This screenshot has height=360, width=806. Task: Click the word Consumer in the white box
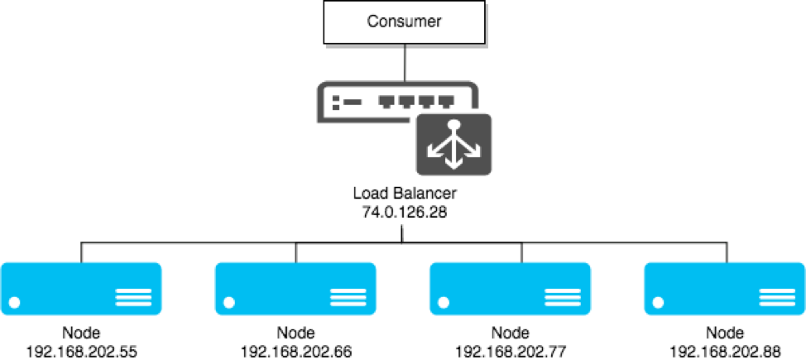pyautogui.click(x=404, y=22)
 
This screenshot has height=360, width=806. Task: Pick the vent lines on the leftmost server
pyautogui.click(x=134, y=297)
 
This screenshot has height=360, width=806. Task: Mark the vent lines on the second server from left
pyautogui.click(x=348, y=297)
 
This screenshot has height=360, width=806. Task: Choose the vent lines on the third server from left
pyautogui.click(x=563, y=297)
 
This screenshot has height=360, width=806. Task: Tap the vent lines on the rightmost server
pyautogui.click(x=777, y=297)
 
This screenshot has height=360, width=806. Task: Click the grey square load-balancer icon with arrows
pyautogui.click(x=453, y=145)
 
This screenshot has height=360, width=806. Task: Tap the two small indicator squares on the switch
pyautogui.click(x=336, y=103)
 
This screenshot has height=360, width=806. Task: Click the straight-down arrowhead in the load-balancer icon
pyautogui.click(x=453, y=164)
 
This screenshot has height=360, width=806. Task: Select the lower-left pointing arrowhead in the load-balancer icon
pyautogui.click(x=432, y=151)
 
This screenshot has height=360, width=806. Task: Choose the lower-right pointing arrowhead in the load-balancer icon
pyautogui.click(x=475, y=151)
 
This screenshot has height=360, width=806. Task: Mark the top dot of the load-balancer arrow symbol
pyautogui.click(x=453, y=125)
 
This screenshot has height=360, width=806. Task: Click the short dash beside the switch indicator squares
pyautogui.click(x=353, y=103)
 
